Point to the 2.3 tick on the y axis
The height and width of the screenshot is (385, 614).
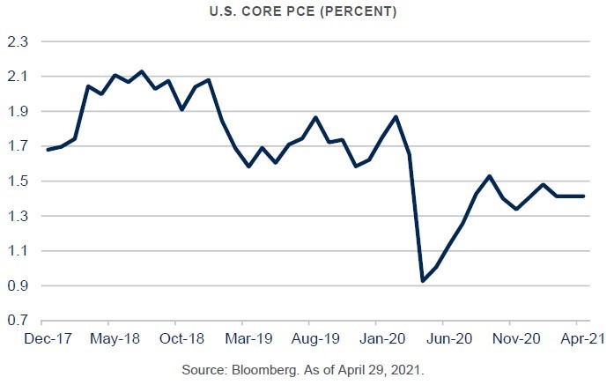click(x=18, y=42)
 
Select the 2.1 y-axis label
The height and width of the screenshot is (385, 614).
click(x=18, y=78)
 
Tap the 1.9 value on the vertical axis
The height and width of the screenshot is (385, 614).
click(x=18, y=112)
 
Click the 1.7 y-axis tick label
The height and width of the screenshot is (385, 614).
click(x=18, y=147)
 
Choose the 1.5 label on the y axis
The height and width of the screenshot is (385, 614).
click(x=18, y=181)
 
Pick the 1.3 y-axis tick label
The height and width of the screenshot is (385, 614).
click(x=18, y=217)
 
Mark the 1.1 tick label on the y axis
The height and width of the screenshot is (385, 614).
click(x=18, y=251)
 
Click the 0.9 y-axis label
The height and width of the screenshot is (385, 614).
click(x=18, y=286)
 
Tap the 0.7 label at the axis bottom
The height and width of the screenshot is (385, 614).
click(x=18, y=322)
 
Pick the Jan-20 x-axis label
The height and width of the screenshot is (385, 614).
click(x=384, y=337)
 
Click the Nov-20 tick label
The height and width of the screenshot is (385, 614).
click(x=516, y=337)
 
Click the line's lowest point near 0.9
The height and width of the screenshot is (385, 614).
click(x=423, y=281)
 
